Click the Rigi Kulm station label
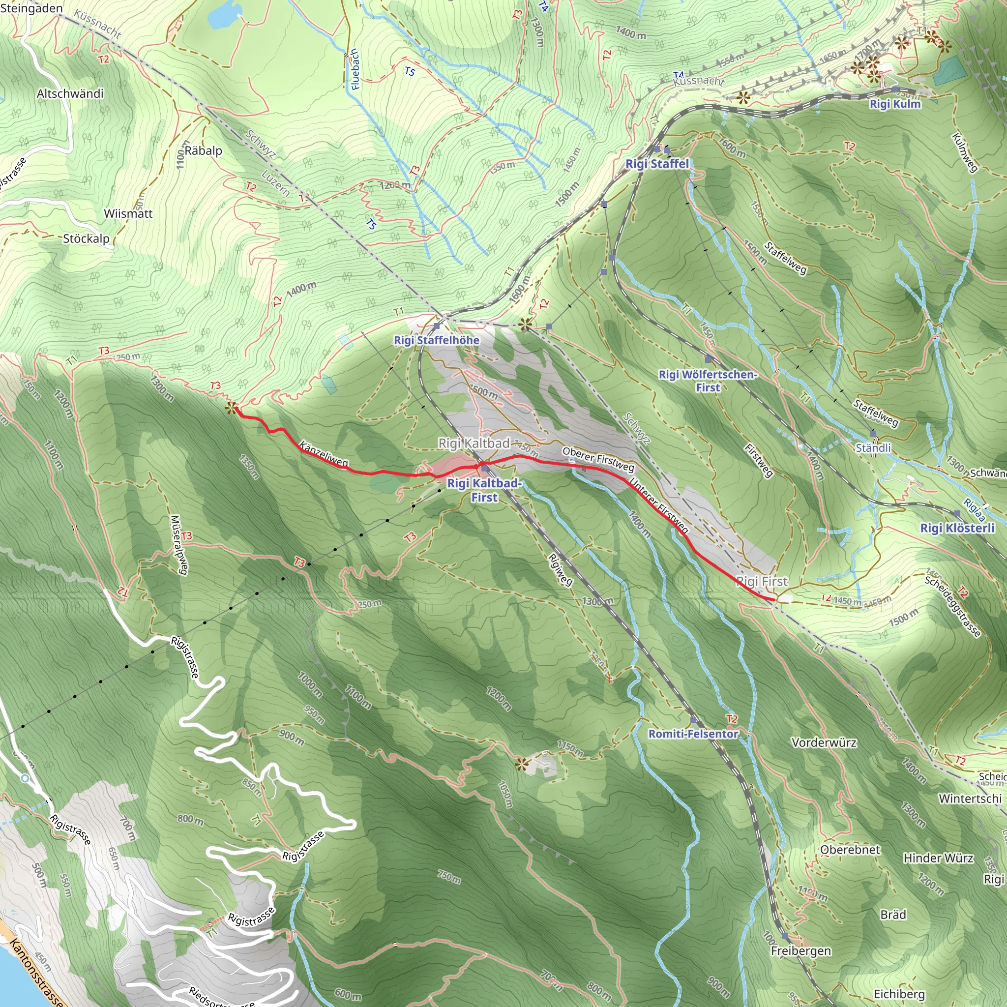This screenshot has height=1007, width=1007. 895,104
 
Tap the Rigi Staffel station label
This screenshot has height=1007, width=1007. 657,164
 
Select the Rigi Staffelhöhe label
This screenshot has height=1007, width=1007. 436,340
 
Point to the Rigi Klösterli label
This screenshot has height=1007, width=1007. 957,528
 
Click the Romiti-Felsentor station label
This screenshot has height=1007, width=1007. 693,734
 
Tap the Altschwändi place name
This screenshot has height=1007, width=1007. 70,94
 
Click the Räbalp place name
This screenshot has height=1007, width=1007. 203,150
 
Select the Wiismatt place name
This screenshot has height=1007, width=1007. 128,214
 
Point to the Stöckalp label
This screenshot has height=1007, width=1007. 86,238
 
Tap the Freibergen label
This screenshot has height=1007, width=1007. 800,951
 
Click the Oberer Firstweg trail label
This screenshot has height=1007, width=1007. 598,459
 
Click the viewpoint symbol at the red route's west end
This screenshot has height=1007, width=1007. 232,408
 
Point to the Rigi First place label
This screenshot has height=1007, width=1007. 762,581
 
